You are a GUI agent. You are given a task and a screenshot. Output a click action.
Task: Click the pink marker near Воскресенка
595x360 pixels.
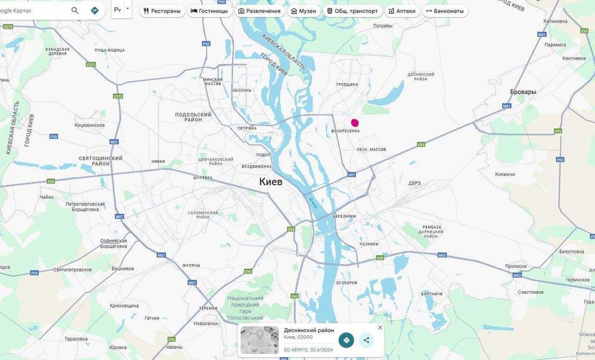[x=355, y=122]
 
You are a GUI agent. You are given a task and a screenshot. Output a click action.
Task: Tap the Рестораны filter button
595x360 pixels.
[x=162, y=11]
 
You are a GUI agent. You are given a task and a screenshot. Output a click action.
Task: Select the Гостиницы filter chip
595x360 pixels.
[x=209, y=11]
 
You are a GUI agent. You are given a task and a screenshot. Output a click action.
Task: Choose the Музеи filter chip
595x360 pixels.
[x=303, y=11]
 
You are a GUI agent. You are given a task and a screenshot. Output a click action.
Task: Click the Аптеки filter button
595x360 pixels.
[x=402, y=11]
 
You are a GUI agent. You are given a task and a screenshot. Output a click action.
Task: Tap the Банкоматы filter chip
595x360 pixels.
[x=444, y=11]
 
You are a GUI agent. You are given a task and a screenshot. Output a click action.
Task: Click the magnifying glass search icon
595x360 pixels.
[x=75, y=11]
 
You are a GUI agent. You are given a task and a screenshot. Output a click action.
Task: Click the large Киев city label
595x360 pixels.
[x=271, y=181]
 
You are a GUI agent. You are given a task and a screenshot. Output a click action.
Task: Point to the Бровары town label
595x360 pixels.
[x=523, y=92]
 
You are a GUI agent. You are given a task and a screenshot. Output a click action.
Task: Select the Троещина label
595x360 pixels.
[x=347, y=84]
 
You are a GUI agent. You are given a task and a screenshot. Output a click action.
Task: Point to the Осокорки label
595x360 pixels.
[x=346, y=283]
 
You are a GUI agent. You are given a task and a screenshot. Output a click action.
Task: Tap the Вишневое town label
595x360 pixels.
[x=123, y=268]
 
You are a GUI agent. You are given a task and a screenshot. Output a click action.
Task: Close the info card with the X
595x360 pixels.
[x=380, y=327]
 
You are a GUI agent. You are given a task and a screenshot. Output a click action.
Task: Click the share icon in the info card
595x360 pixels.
[x=367, y=340]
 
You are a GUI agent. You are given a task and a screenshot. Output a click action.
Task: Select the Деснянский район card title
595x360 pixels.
[x=309, y=330]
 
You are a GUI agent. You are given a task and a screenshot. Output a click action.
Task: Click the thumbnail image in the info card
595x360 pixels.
[x=259, y=340]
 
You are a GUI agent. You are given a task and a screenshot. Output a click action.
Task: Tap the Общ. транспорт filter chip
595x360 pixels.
[x=352, y=11]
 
